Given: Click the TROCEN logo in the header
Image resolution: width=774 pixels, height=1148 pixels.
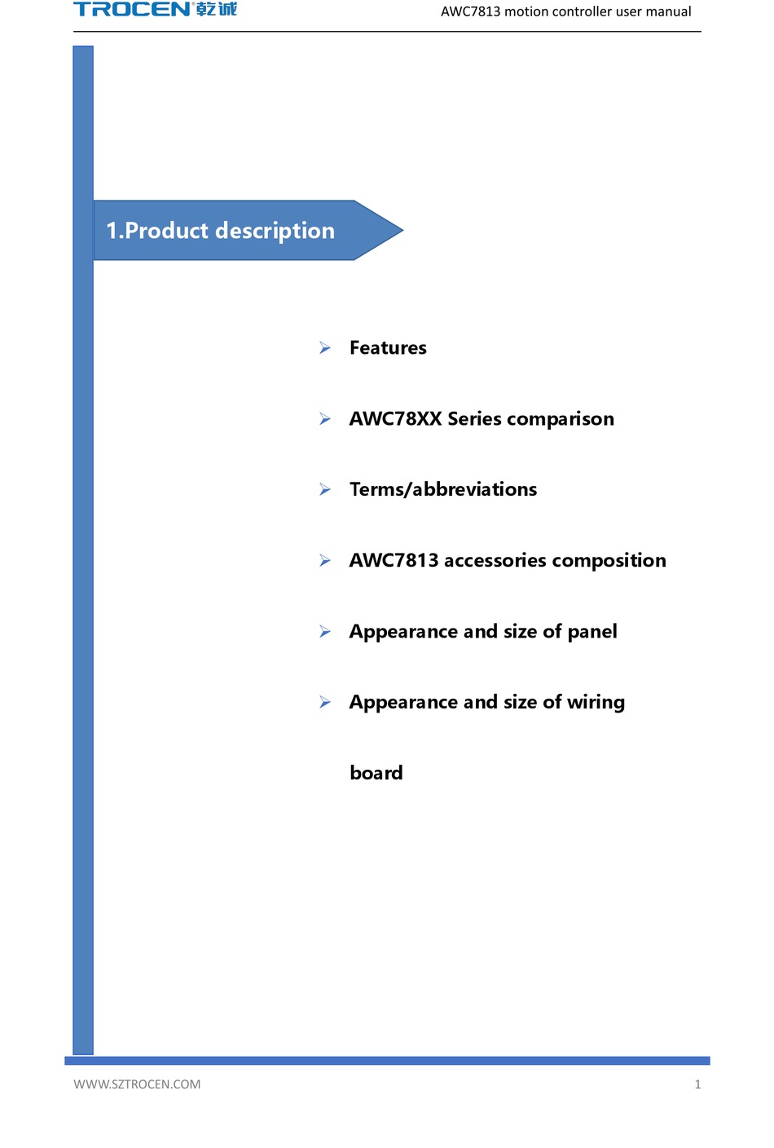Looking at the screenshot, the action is coord(132,10).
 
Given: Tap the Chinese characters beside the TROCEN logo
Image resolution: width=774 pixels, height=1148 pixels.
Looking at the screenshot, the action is coord(217,10).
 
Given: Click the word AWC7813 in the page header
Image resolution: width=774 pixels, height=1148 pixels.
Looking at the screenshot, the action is coord(470,11).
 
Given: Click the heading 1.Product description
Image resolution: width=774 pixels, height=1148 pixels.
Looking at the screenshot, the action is coord(220,231).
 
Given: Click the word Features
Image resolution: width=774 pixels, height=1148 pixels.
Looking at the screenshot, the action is coord(388,348).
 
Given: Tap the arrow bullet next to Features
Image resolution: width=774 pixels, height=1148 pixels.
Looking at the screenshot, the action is coord(325,348).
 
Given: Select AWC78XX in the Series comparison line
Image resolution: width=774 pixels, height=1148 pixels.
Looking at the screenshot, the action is coord(395,419).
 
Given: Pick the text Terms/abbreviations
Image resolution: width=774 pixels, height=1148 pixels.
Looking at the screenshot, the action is coord(443,489).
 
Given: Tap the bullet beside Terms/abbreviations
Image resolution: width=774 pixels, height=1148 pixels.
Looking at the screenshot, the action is coord(325,490).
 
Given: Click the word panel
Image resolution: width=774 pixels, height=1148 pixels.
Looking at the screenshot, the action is coord(592,632).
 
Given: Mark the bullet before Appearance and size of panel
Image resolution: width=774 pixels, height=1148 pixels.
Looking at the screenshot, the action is coord(325,632).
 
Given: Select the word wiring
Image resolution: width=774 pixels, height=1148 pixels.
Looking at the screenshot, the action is coord(596,703).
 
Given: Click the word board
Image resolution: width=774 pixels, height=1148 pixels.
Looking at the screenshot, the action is coord(376,773).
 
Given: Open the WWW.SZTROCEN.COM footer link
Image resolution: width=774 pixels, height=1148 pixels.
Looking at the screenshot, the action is coord(137,1084).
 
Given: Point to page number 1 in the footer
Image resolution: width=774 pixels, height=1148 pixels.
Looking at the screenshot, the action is coord(697,1084).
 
